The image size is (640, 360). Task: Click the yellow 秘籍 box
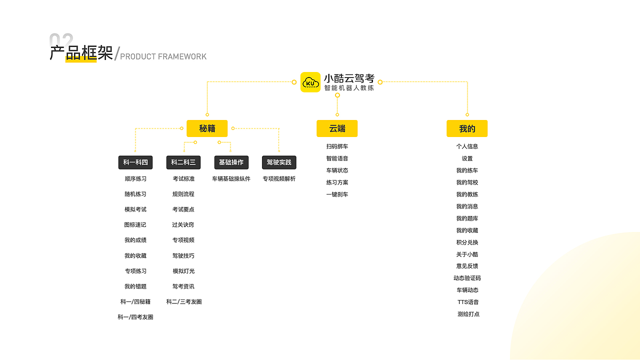point(207,128)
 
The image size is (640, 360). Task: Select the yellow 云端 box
point(337,128)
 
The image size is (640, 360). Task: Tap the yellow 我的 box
point(467,128)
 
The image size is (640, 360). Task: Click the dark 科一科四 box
point(135,162)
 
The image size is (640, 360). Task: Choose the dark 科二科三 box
point(183,162)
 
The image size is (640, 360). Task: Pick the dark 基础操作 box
point(231,162)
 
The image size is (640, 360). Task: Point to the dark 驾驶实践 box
point(279,162)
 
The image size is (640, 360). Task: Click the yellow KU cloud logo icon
point(310,82)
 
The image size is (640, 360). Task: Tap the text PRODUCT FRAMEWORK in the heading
point(163,56)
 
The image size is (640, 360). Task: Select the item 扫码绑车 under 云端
point(337,146)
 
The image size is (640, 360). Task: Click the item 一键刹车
point(337,194)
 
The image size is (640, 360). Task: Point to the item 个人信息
point(467,146)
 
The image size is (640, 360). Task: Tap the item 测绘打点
point(468,314)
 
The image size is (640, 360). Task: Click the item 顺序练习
point(135,178)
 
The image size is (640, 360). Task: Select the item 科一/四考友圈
point(135,317)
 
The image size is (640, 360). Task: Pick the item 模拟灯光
point(183,271)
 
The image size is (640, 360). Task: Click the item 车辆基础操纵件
point(231,178)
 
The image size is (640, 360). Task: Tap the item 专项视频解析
point(279,178)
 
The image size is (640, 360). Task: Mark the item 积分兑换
point(467,242)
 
